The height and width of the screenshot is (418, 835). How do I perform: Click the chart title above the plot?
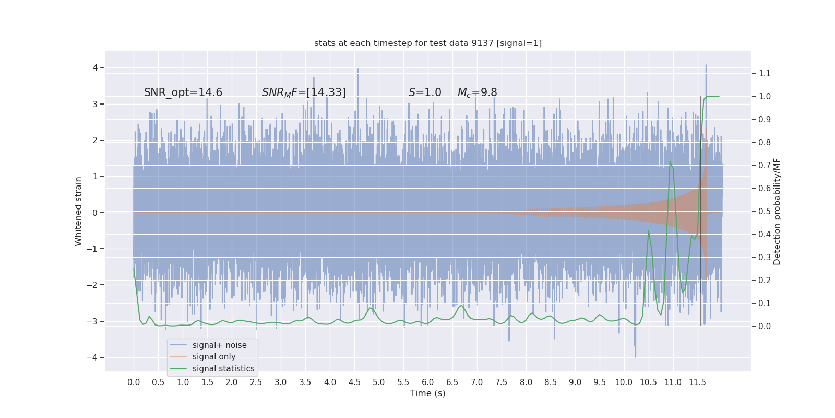coord(428,43)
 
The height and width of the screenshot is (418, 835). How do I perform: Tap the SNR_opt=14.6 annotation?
coord(183,92)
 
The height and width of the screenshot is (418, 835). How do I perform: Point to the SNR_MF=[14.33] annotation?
coord(304,92)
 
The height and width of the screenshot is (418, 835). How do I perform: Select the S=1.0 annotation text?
coord(425,92)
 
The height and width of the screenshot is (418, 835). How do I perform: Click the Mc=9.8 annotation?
coord(477,92)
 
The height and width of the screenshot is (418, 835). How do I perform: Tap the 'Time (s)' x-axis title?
coord(427,393)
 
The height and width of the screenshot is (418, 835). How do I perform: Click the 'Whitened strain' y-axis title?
coord(78,211)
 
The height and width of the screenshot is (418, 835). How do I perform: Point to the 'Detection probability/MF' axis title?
coord(777,212)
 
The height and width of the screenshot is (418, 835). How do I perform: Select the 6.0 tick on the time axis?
coord(428,382)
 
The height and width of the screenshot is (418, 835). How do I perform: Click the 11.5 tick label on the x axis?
coord(697,382)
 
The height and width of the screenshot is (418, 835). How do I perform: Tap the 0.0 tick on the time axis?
coord(134,382)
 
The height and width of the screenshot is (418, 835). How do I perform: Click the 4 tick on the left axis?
coord(96,67)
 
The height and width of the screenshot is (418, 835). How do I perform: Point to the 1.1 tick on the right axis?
coord(765,73)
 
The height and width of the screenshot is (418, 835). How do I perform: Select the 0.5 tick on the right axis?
coord(765,211)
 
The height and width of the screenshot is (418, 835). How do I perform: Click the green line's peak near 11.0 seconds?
coord(670,162)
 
